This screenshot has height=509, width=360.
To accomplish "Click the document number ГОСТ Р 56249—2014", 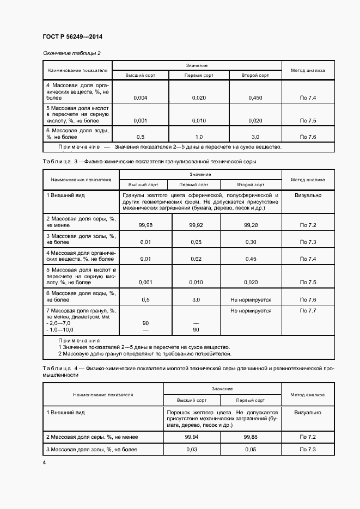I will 72,36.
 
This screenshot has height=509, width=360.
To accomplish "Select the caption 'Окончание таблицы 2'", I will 71,53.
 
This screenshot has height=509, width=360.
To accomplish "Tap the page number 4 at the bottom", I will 44,462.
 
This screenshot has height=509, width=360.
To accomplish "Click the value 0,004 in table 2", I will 140,98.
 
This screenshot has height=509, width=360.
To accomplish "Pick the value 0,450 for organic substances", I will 255,98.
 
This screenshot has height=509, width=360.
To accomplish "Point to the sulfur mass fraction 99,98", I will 145,225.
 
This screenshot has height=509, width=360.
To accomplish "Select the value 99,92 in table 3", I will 196,225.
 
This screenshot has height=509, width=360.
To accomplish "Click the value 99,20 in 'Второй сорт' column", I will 251,225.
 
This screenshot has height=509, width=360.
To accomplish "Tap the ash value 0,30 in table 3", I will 251,242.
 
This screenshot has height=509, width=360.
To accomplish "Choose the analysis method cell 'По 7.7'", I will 308,310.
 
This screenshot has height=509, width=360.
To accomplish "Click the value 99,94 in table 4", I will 191,437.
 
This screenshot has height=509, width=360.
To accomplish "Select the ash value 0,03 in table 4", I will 191,450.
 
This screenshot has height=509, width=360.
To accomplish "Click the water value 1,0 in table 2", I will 198,137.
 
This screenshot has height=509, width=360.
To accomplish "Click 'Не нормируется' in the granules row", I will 251,310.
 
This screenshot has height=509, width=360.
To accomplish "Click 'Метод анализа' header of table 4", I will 308,395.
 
